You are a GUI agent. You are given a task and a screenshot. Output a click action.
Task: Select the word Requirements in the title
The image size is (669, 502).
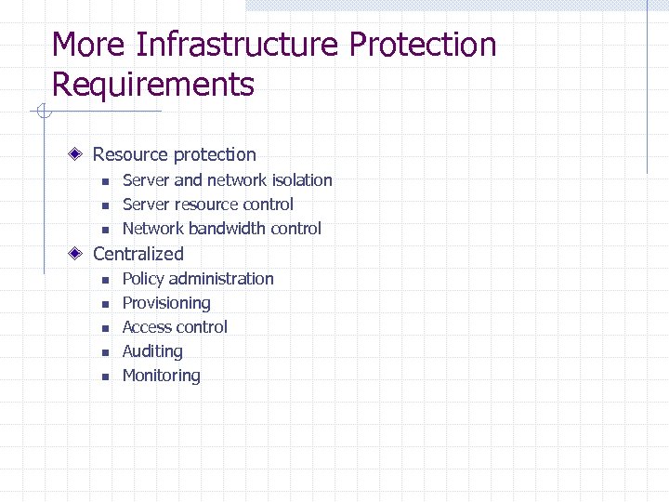[152, 85]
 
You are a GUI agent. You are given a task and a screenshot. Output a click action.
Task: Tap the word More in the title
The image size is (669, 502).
[88, 45]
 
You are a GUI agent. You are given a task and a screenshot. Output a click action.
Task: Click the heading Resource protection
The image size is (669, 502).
[174, 154]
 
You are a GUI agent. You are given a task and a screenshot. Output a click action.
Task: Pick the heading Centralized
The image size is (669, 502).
[138, 254]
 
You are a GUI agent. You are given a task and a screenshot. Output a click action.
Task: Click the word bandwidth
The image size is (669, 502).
[227, 229]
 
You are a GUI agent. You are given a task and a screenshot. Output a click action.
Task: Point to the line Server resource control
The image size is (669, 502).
[207, 205]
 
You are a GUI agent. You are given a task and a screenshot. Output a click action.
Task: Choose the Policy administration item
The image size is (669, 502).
[198, 279]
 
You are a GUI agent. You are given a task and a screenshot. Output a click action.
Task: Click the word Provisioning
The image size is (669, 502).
[166, 303]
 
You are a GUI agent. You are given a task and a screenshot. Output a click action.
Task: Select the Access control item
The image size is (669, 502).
[175, 327]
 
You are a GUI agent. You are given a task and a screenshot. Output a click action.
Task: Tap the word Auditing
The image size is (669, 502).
[152, 351]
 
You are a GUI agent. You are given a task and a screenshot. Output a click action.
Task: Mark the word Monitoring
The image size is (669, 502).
[161, 376]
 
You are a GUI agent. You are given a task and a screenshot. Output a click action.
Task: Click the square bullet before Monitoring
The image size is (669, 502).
[105, 376]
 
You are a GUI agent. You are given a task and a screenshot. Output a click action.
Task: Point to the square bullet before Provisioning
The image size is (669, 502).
[105, 304]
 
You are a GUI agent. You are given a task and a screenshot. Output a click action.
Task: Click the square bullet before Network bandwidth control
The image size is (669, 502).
[105, 230]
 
